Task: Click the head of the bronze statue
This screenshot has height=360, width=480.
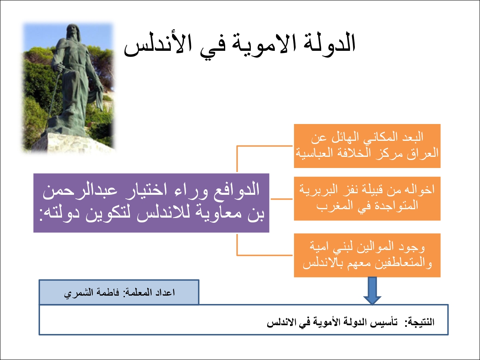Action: click(73, 31)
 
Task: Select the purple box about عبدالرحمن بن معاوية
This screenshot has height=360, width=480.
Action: click(151, 203)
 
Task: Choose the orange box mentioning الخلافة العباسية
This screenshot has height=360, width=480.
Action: click(367, 146)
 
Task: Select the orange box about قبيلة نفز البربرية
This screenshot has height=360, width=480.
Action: click(367, 198)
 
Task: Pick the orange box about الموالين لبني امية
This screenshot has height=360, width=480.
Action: click(367, 255)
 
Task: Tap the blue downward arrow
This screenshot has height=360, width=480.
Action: click(372, 291)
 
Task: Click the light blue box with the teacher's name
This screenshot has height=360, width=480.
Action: click(119, 292)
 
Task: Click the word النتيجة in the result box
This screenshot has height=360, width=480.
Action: click(420, 322)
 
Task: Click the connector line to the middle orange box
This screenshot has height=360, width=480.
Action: click(282, 199)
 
